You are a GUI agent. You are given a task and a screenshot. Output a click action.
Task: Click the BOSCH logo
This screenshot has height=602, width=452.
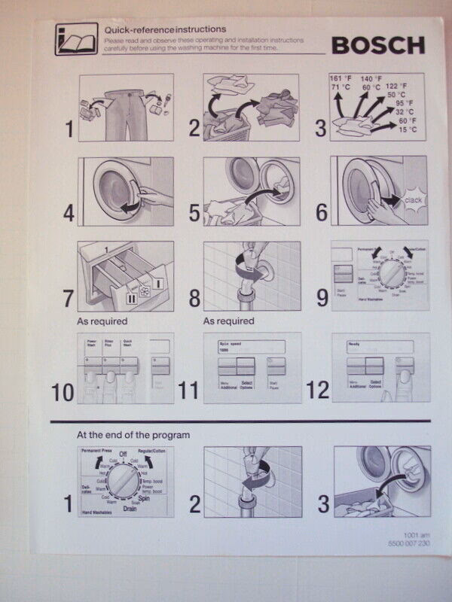(x=378, y=46)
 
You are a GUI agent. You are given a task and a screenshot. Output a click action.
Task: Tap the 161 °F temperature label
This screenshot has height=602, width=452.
(x=341, y=78)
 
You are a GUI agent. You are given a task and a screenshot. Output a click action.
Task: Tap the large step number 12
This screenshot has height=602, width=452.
(x=317, y=390)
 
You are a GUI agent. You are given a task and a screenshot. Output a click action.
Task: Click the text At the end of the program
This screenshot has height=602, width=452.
(x=133, y=435)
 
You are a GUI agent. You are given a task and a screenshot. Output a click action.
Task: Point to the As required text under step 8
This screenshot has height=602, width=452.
(x=228, y=321)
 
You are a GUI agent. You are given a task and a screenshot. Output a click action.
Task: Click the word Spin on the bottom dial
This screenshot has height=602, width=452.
(x=156, y=498)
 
